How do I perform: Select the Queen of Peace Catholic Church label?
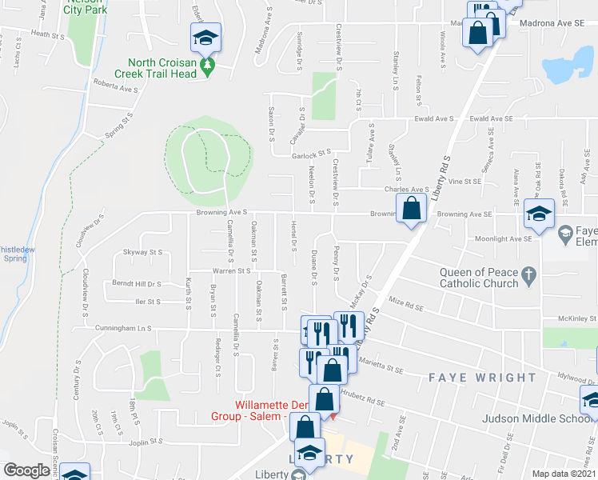479,277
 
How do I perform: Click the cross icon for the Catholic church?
528,277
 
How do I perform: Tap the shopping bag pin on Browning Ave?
411,208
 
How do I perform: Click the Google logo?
26,470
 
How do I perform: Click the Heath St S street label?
46,36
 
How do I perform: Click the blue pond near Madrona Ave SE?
572,64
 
